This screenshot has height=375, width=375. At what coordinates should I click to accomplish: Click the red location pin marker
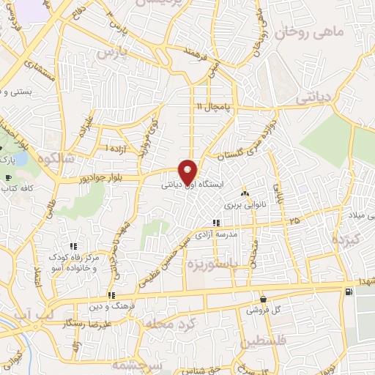pos(187,171)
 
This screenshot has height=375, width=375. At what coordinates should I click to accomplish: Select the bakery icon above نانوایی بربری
pos(245,194)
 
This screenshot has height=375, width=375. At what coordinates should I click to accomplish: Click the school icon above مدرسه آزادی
pos(215,223)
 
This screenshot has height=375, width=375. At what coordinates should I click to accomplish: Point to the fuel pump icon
pos(348,292)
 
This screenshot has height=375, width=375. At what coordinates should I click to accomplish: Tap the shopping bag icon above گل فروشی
pos(264,299)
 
